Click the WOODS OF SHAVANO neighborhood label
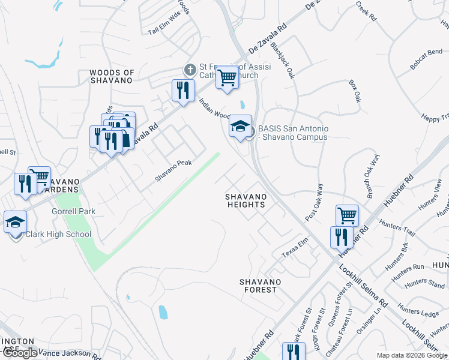click(111, 76)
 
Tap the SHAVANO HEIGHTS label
click(246, 200)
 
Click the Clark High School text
click(58, 234)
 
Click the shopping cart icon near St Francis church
click(227, 77)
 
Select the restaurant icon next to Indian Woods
click(183, 91)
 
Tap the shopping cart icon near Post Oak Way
click(348, 215)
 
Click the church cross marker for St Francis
click(190, 70)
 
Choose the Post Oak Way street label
click(314, 202)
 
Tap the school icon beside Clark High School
click(15, 223)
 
